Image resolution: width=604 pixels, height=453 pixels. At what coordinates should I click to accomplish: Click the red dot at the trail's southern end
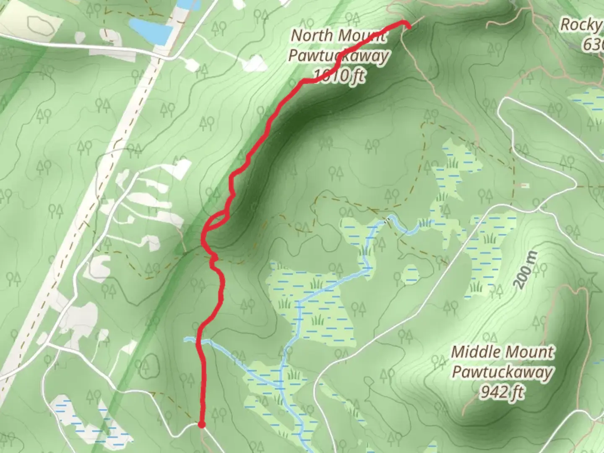[x=201, y=425]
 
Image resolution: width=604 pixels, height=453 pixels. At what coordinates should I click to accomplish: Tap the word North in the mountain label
[x=311, y=36]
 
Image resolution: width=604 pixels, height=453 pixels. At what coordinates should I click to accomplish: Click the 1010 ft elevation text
[x=338, y=75]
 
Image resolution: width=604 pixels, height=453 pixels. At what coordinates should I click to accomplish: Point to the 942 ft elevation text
[x=502, y=392]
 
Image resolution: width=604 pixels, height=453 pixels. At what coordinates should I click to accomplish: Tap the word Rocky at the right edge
[x=581, y=25]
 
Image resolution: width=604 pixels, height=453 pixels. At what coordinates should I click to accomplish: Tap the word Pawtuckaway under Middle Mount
[x=502, y=372]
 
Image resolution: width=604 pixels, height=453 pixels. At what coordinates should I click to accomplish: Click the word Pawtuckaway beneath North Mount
[x=338, y=56]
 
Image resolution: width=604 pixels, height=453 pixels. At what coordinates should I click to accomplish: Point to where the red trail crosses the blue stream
[x=199, y=342]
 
